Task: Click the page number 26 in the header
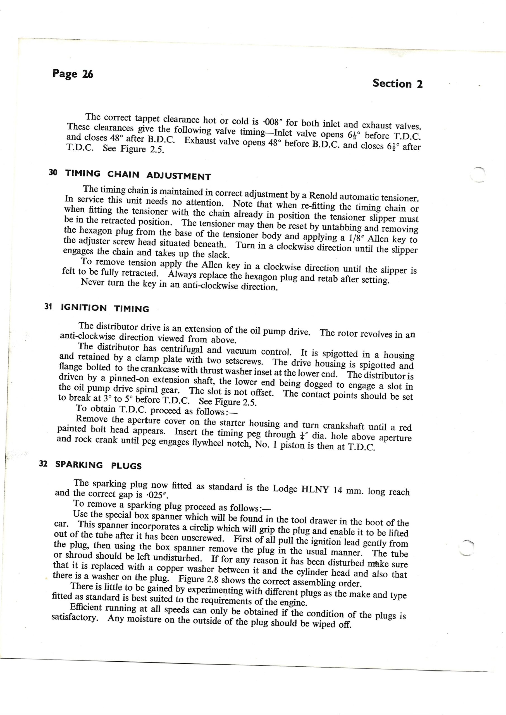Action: point(87,74)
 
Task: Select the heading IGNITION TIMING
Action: point(105,308)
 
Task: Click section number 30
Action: point(53,172)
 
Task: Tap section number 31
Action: point(48,307)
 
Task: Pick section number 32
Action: point(43,464)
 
